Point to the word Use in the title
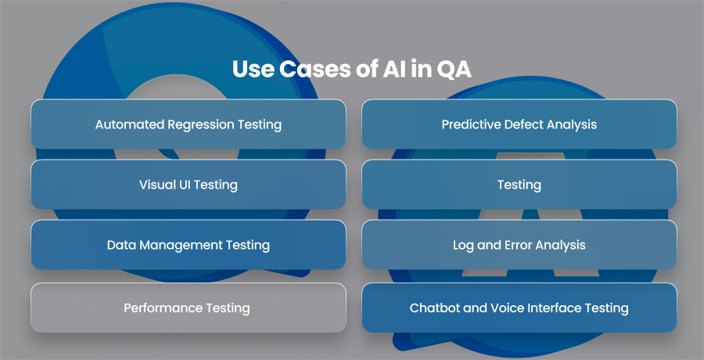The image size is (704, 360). pos(253,70)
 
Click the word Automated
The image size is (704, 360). pos(129,124)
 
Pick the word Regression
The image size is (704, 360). pos(201,125)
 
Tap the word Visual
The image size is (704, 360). pos(154,185)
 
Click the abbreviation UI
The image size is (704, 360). pos(180,185)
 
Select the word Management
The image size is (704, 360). pos(181,246)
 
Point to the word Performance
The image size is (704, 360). pos(163,308)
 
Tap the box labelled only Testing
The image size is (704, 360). pos(519,184)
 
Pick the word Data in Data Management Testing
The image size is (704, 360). pos(121,245)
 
